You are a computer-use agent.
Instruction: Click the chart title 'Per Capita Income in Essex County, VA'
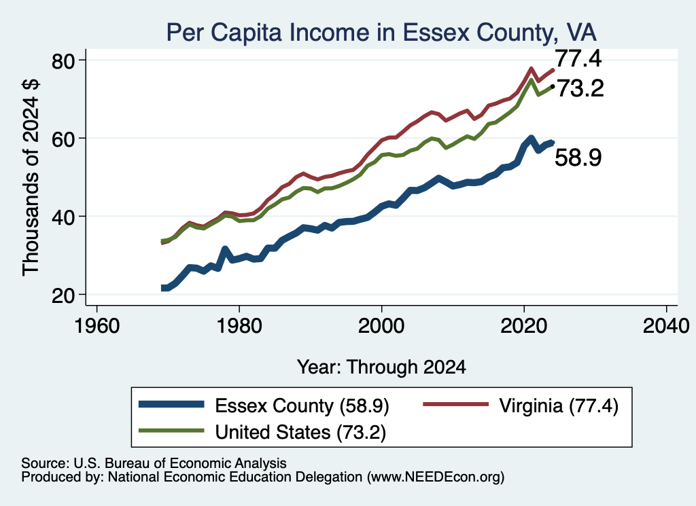(381, 33)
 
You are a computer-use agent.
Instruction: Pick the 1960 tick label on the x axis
(97, 327)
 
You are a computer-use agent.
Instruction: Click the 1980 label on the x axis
(239, 327)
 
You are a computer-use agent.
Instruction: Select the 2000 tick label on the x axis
(381, 327)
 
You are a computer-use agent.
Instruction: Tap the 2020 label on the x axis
(524, 327)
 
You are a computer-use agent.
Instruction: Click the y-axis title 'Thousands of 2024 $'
(31, 177)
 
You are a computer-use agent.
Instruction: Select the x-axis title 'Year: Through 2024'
(381, 367)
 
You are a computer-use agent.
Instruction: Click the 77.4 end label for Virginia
(578, 58)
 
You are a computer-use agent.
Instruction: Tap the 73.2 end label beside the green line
(580, 88)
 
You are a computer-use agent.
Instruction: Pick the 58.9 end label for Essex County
(578, 158)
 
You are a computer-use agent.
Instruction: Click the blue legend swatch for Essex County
(171, 404)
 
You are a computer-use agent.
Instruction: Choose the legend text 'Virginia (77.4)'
(559, 406)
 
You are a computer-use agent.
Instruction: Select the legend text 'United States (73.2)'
(300, 433)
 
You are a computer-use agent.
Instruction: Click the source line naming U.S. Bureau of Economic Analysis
(154, 463)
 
